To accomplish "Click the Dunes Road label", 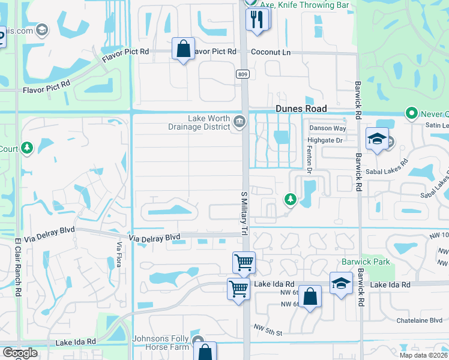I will [x=301, y=109].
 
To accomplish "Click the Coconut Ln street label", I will [x=270, y=52].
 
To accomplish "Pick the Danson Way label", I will [x=327, y=128].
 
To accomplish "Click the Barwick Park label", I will [x=366, y=262].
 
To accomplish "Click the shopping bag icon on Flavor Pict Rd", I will [x=184, y=49].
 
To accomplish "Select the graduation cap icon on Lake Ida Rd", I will [x=341, y=283].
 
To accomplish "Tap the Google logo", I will [x=20, y=353].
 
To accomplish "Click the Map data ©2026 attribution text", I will [x=423, y=355].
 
